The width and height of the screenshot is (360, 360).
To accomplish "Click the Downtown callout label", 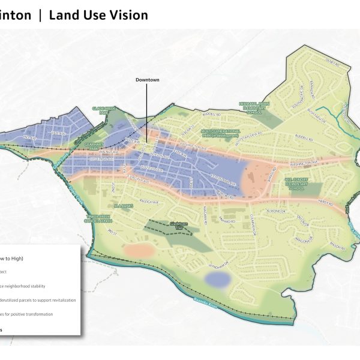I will pos(147,80).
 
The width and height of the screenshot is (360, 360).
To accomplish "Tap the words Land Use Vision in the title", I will pos(98,15).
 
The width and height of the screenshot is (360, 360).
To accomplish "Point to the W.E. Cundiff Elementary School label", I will pos(295,181).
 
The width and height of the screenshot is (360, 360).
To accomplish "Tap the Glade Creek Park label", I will pos(103,110).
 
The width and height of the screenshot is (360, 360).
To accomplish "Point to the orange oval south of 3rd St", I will pos(139,250).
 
